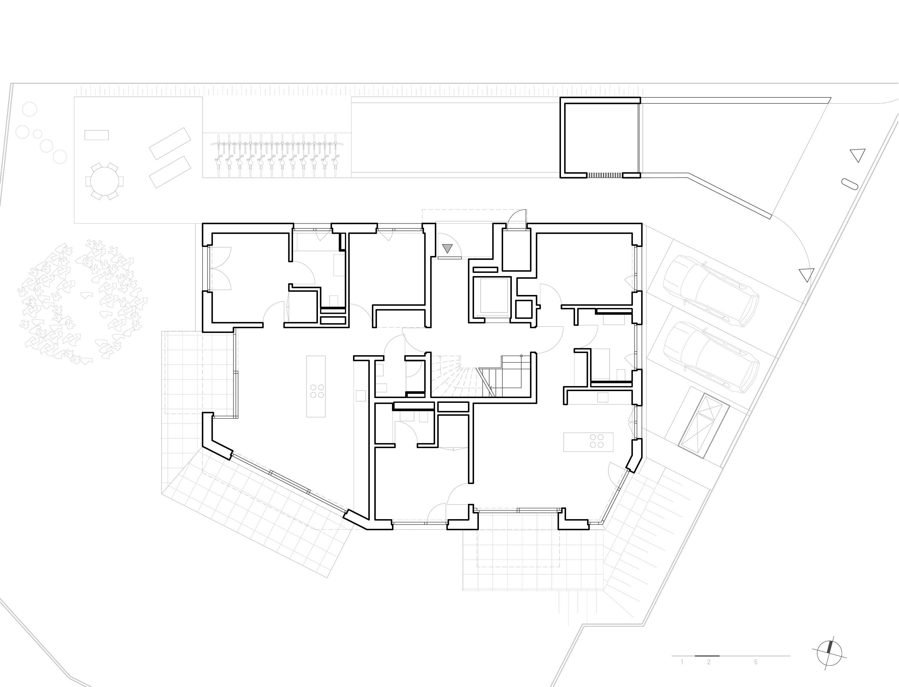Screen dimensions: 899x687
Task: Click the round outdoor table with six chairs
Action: click(x=104, y=181)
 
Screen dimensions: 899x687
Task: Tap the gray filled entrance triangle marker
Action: click(x=448, y=248)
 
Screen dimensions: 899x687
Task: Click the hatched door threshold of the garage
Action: click(x=605, y=175)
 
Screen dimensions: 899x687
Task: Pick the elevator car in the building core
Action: click(x=494, y=296)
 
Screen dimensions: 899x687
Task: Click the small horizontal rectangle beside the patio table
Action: click(x=96, y=135)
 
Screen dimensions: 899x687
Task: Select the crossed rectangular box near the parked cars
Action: click(x=704, y=426)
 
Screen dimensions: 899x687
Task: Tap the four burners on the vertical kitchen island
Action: click(x=317, y=391)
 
